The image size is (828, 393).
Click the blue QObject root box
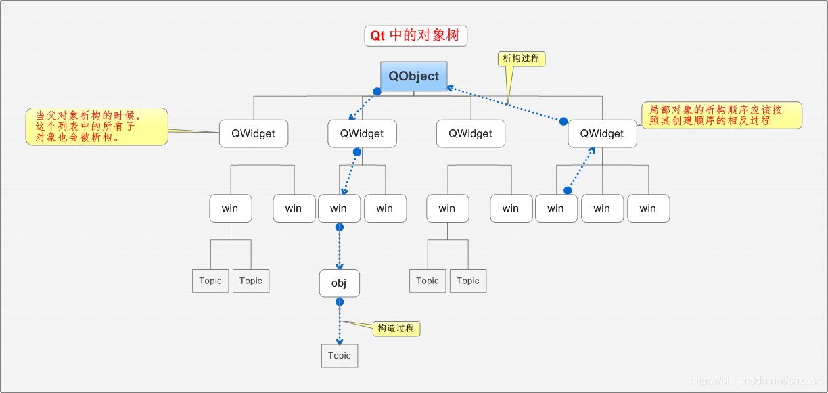414,76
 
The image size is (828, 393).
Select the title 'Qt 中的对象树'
415,36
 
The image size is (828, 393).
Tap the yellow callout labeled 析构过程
521,59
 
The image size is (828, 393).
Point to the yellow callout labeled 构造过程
396,329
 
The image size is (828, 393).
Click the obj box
339,283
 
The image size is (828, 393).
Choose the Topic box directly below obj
340,356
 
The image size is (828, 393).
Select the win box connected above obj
339,208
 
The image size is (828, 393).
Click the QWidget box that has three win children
602,134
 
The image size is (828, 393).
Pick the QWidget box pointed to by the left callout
254,134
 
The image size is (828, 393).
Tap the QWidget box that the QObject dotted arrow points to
362,134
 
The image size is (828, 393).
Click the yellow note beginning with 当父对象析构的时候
97,126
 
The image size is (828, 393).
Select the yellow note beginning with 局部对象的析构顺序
721,116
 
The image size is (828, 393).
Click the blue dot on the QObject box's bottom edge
377,91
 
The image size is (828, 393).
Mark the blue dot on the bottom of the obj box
340,302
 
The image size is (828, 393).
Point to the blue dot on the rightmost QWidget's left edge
563,120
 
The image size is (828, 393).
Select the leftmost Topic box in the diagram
210,281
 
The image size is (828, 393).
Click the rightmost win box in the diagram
648,208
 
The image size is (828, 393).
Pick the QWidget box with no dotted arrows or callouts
470,134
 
